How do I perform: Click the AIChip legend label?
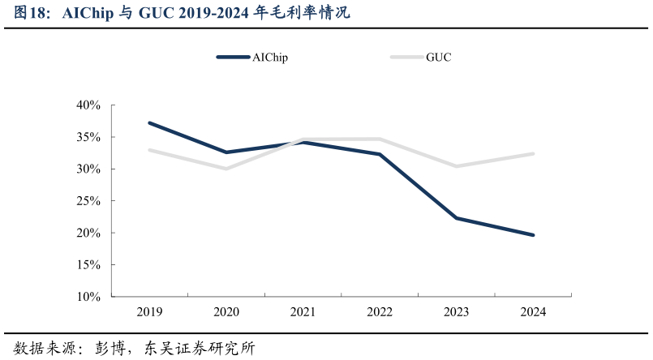[270, 58]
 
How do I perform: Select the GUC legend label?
[439, 58]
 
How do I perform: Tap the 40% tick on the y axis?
[88, 105]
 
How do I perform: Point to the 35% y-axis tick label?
[88, 138]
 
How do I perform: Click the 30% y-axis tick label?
[88, 169]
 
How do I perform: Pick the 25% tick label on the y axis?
[88, 201]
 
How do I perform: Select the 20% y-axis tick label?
[88, 234]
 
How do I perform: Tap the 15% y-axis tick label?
[88, 265]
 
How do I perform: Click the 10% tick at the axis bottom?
[88, 297]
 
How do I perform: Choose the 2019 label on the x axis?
[149, 312]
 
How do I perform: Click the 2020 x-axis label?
[226, 312]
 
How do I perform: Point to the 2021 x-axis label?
[303, 312]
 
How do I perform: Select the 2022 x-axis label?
[380, 312]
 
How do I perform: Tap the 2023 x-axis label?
[456, 312]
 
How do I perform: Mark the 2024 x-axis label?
[533, 312]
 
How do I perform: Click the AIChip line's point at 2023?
[456, 218]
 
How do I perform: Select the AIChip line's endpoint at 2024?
[533, 235]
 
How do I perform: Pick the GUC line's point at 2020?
[226, 169]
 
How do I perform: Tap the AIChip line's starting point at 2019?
[149, 122]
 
